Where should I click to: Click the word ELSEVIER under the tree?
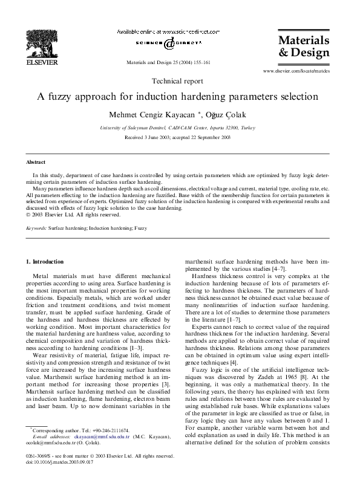[x=41, y=62]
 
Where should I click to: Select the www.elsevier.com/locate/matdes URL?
[x=296, y=71]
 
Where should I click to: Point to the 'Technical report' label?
[x=180, y=80]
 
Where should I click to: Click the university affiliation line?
[x=180, y=128]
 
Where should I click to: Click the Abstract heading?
[x=36, y=163]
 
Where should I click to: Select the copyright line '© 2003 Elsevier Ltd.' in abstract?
[x=73, y=214]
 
